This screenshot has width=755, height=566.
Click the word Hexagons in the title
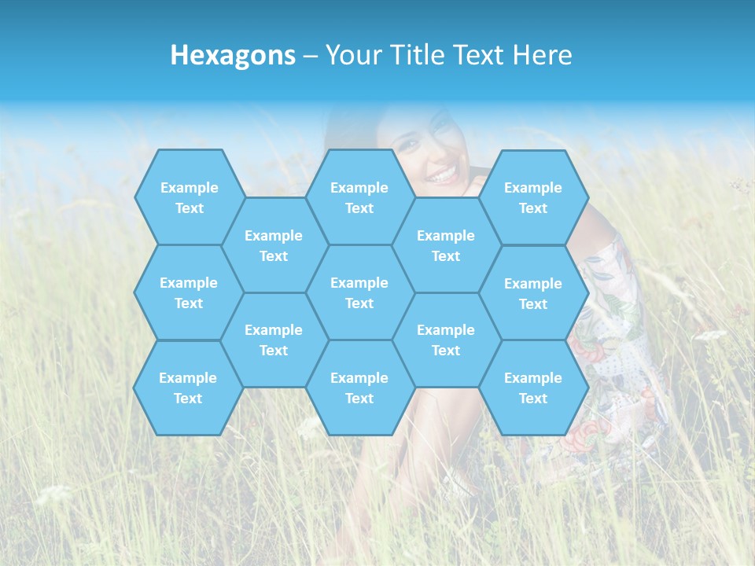coord(233,55)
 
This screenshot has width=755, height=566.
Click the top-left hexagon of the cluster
coord(189,197)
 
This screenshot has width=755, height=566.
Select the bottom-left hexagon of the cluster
coord(188,388)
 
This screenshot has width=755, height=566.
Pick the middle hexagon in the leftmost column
coord(189,292)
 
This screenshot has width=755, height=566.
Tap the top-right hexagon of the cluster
coord(533,197)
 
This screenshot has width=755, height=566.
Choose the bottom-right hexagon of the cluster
coord(533,388)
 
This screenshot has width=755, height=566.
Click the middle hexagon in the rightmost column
coord(533,293)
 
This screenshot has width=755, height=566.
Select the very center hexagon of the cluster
coord(359,292)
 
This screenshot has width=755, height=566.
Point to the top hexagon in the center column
coord(359,197)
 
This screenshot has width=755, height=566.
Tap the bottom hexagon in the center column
coord(359,388)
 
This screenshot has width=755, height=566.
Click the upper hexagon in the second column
coord(274,245)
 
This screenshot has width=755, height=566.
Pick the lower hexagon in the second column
coord(274,340)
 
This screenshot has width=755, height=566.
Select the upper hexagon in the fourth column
coord(446,245)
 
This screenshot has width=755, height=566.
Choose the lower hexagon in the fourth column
coord(446,340)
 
